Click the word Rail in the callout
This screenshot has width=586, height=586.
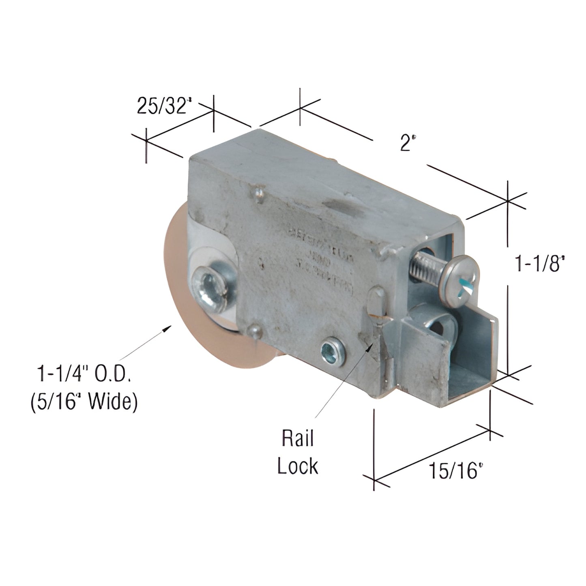click(298, 440)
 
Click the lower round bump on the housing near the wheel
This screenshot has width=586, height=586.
click(255, 331)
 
